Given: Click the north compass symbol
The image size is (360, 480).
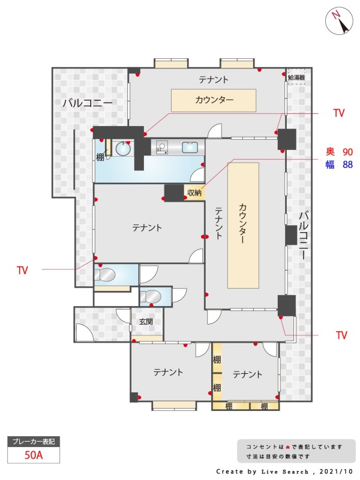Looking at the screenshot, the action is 339,22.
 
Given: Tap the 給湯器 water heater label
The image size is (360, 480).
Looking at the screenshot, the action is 296,77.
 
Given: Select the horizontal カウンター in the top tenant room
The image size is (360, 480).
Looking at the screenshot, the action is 214,100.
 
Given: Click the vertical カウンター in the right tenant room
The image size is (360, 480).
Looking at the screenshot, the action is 244,226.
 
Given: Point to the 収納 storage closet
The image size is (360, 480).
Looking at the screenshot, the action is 194,193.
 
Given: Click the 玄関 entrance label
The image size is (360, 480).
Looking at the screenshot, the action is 146,322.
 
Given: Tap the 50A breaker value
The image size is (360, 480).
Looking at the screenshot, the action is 34,455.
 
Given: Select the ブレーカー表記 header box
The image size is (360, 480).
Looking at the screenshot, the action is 34,442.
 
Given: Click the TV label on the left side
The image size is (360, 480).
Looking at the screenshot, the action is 22,271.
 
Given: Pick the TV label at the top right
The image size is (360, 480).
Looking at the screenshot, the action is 339,113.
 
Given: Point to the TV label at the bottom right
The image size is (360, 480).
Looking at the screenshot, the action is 341,335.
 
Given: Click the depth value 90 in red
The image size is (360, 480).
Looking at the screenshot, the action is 348,152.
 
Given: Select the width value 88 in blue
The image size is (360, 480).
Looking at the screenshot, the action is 348,164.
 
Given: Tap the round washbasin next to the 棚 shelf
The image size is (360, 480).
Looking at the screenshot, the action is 124,149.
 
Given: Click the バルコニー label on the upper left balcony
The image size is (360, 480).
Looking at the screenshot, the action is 88,103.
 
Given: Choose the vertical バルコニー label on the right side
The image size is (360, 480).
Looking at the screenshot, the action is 304,236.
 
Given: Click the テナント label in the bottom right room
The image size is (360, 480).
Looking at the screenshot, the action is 247,374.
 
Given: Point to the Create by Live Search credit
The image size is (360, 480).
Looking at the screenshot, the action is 262,472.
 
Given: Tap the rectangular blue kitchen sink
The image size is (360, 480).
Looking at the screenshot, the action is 190,147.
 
